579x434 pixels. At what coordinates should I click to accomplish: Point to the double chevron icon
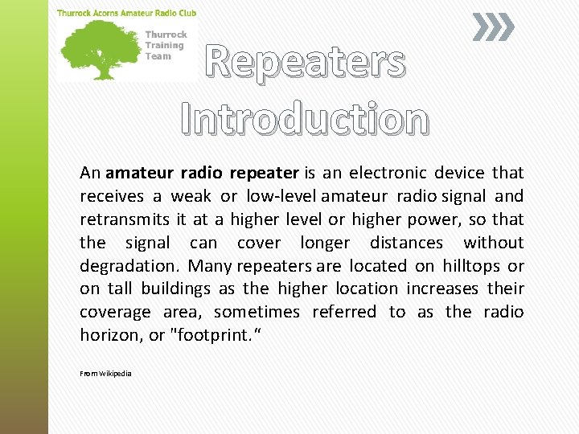(492, 28)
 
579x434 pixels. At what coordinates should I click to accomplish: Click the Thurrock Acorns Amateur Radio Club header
(126, 13)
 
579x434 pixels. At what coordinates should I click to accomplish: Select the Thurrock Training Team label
(166, 45)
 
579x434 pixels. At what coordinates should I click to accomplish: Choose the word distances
(406, 243)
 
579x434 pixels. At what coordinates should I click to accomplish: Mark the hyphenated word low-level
(281, 196)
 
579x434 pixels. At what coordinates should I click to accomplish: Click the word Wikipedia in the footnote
(116, 374)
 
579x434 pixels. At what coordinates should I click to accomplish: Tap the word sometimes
(257, 312)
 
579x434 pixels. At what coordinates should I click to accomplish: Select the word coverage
(115, 312)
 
